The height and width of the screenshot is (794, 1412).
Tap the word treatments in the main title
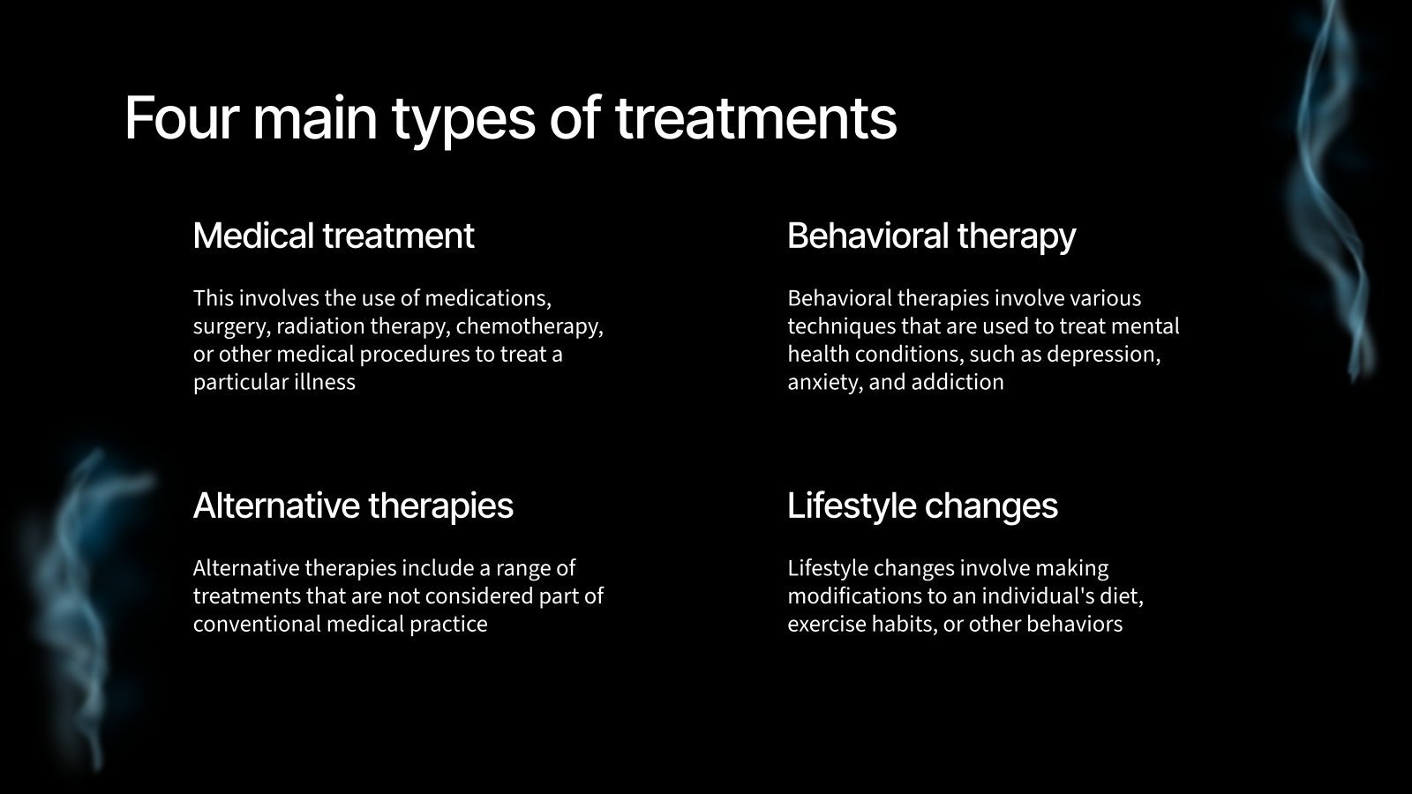[x=755, y=117]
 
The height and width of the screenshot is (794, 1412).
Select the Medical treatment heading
[x=334, y=236]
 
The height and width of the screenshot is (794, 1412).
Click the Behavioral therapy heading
[x=931, y=236]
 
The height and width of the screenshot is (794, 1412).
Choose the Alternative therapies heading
[x=353, y=506]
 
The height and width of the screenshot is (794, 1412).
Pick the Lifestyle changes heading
[x=922, y=506]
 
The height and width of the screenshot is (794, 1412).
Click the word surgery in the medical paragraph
[x=230, y=326]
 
